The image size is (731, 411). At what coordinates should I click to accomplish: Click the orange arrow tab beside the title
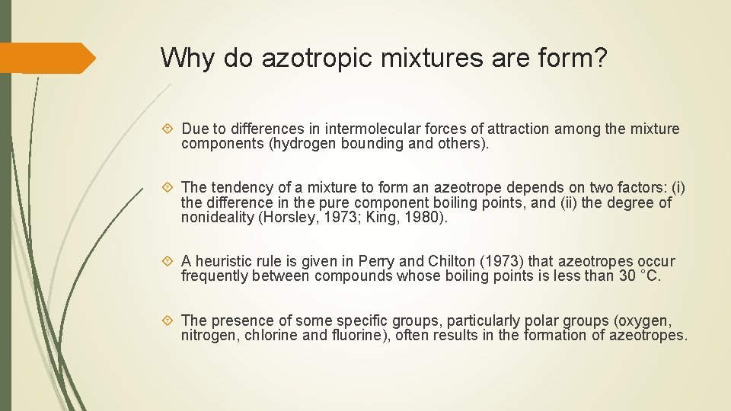pyautogui.click(x=47, y=58)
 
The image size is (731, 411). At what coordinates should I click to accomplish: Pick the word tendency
pyautogui.click(x=243, y=187)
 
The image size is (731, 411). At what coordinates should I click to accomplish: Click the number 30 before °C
pyautogui.click(x=627, y=276)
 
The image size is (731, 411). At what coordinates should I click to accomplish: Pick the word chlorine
pyautogui.click(x=271, y=335)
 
